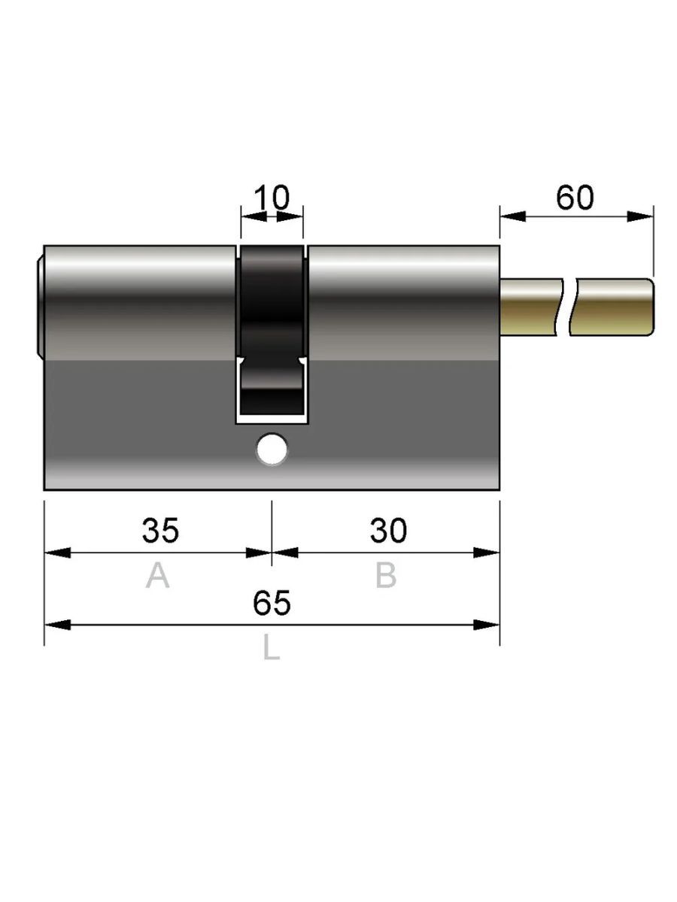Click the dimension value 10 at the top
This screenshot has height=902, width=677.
(272, 198)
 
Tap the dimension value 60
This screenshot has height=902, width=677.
(575, 198)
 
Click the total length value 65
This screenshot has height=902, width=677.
(272, 603)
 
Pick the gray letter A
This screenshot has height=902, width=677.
(157, 576)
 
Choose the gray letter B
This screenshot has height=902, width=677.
(386, 576)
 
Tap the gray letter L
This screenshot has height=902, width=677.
(272, 647)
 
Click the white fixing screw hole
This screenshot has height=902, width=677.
(272, 449)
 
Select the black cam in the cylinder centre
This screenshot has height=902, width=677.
(272, 331)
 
